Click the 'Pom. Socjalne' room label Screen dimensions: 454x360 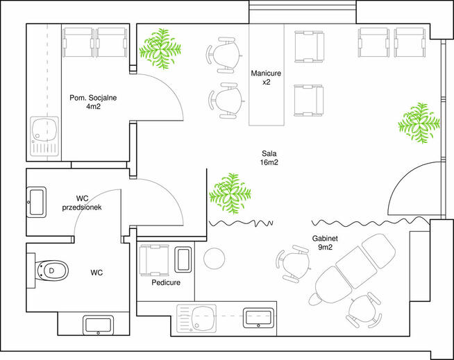[x=93, y=102]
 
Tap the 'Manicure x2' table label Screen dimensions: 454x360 [x=266, y=78]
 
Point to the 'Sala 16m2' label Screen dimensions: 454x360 [x=269, y=157]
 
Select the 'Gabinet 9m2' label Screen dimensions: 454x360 [x=325, y=243]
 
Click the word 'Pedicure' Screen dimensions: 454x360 [x=166, y=282]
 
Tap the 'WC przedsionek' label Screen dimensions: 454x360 [x=82, y=203]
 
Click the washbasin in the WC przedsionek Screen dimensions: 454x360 [x=37, y=203]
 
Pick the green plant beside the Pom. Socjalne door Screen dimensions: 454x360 [x=160, y=49]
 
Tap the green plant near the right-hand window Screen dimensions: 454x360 [x=419, y=123]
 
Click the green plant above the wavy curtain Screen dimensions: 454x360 [x=230, y=194]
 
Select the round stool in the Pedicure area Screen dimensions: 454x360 [x=215, y=258]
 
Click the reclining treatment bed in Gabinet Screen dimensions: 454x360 [x=351, y=270]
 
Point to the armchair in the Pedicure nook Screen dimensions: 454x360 [x=154, y=260]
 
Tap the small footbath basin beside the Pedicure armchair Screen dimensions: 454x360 [x=183, y=259]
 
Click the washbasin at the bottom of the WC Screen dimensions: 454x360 [x=98, y=325]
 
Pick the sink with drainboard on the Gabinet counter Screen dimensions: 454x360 [x=197, y=318]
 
